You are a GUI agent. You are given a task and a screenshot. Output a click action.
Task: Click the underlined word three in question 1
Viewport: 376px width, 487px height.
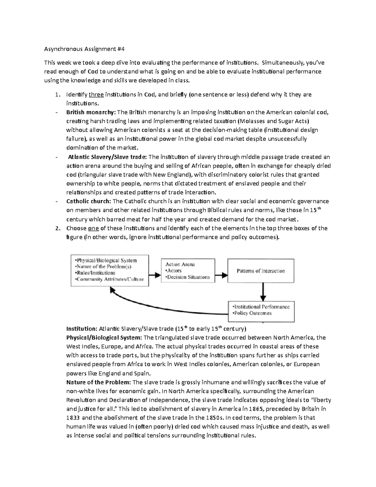point(96,94)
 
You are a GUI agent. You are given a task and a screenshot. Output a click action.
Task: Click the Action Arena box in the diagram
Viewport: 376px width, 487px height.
point(188,271)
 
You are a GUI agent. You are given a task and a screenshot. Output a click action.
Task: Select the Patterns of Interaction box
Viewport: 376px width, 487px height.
point(261,271)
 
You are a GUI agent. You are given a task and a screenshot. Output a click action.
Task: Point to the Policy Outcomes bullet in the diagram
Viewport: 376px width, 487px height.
point(252,313)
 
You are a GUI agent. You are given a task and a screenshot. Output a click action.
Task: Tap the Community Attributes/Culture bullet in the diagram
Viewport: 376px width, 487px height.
point(109,279)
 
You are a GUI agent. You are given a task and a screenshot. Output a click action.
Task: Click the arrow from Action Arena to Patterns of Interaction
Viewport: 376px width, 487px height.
point(221,275)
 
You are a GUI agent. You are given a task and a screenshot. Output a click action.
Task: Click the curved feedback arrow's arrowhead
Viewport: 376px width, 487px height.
point(112,291)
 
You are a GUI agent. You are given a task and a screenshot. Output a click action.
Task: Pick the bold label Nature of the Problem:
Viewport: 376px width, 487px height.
point(99,382)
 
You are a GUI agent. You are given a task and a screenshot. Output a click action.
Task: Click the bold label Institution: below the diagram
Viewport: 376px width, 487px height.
point(82,329)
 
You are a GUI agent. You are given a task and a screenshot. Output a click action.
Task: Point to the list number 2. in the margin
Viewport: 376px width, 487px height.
point(57,228)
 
